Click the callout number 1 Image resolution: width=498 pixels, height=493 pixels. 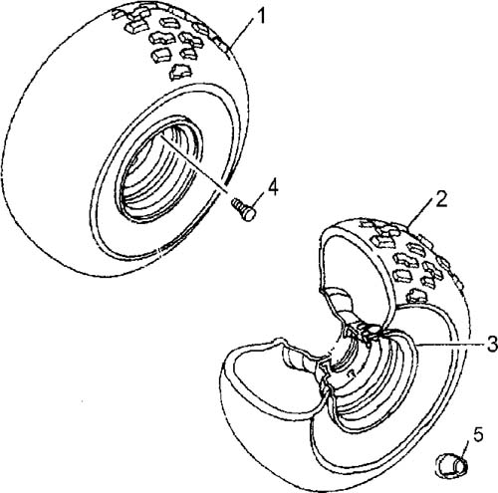[x=261, y=16]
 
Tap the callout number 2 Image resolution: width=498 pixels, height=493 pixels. [x=441, y=199]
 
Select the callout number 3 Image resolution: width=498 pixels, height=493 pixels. [x=492, y=344]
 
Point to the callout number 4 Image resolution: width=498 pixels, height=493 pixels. [x=273, y=187]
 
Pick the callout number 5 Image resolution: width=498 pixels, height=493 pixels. [x=477, y=436]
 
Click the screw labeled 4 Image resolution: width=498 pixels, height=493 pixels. [x=244, y=208]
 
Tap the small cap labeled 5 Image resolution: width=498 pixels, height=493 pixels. [x=451, y=466]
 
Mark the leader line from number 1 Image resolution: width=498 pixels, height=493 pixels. [x=241, y=36]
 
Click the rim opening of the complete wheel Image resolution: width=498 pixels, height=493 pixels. [x=160, y=167]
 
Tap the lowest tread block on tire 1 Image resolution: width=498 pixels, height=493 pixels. [x=180, y=73]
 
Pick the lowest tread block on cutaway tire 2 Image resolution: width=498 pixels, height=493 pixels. [x=417, y=296]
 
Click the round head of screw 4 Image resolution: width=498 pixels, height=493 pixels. [x=249, y=213]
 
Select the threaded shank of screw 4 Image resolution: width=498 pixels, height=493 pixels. [x=238, y=203]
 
